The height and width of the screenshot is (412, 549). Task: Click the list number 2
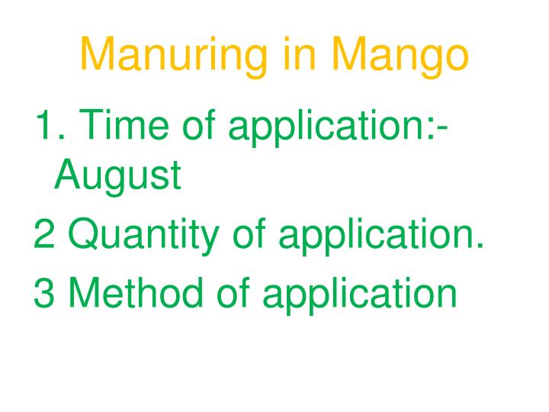tap(43, 237)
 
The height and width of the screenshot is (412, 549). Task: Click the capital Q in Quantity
tap(83, 237)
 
